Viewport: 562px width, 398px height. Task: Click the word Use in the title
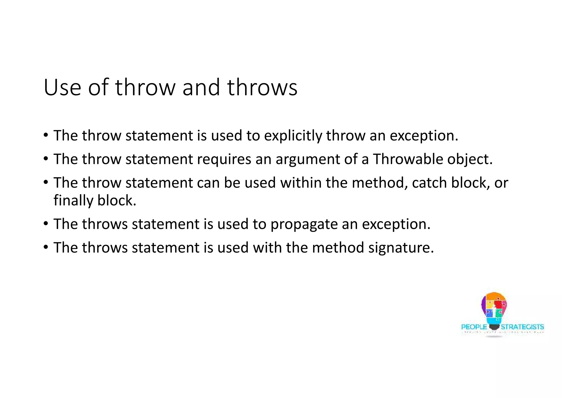[x=62, y=87]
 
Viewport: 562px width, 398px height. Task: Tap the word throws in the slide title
[x=262, y=87]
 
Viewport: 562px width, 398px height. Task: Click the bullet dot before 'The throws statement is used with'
[x=46, y=247]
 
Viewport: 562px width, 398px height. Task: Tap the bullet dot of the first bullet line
[x=46, y=135]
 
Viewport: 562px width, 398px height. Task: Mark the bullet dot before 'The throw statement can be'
[x=46, y=182]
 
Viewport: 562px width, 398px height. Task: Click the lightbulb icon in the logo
[x=494, y=311]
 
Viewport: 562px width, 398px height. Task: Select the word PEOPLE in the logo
[x=474, y=327]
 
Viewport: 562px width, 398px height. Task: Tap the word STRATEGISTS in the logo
[x=522, y=327]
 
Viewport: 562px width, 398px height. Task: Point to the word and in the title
[x=201, y=87]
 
